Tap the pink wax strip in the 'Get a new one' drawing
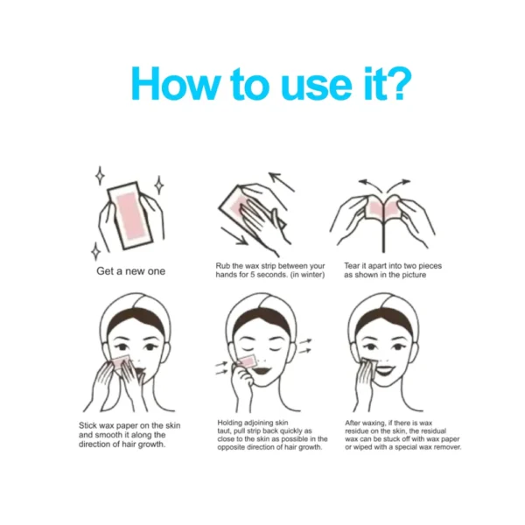coord(129,216)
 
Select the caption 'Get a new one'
coord(130,271)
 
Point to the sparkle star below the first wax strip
coord(96,251)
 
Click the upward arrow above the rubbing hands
coord(281,182)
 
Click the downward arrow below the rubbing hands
coord(234,235)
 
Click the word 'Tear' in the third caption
coord(352,266)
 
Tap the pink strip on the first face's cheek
coord(121,361)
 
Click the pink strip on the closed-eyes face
coord(247,360)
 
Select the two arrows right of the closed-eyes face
coord(304,346)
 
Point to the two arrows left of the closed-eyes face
coord(221,367)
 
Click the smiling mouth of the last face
coord(385,370)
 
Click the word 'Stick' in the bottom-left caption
coord(87,425)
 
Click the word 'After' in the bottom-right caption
coord(353,423)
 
